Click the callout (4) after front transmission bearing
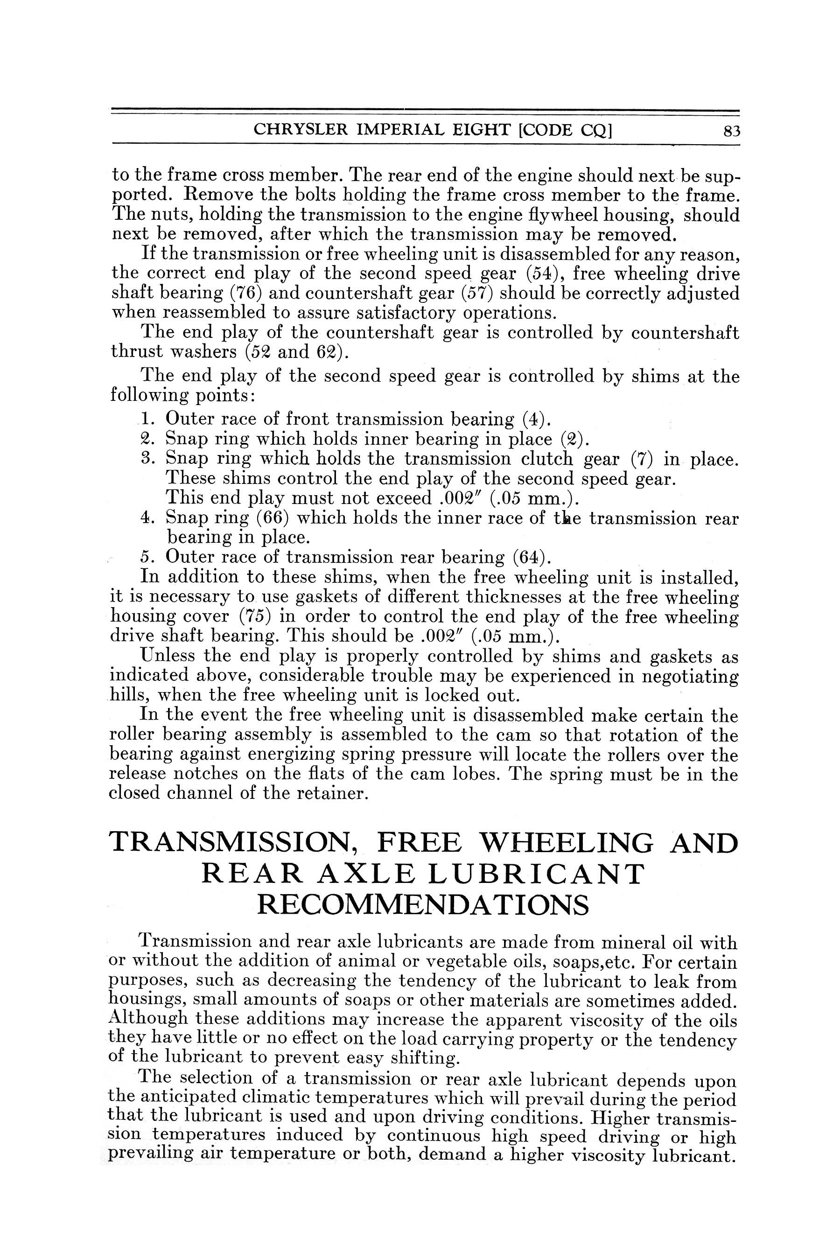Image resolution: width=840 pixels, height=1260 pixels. [533, 419]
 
